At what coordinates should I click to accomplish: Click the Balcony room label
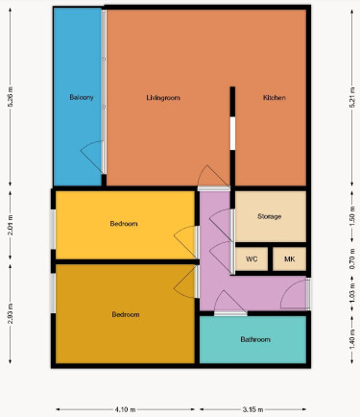coord(82,97)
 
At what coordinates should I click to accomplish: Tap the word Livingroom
coord(163,98)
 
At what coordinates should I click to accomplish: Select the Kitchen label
coord(275,97)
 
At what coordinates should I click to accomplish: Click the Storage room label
coord(270,216)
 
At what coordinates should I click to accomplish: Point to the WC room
coord(252,258)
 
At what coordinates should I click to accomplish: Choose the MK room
coord(290,258)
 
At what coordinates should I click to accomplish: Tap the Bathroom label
coord(255,339)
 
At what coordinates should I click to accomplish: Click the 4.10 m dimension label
coord(125,409)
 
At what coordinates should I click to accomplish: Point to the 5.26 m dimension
coord(11,97)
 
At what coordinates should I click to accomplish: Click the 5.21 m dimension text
coord(352,97)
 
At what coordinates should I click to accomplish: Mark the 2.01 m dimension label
coord(11,225)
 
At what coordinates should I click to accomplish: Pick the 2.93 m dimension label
coord(11,313)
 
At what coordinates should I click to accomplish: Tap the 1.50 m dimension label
coord(352,216)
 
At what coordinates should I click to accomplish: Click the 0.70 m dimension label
coord(352,258)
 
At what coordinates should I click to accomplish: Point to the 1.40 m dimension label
coord(352,339)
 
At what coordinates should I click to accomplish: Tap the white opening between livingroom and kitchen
coord(232,134)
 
